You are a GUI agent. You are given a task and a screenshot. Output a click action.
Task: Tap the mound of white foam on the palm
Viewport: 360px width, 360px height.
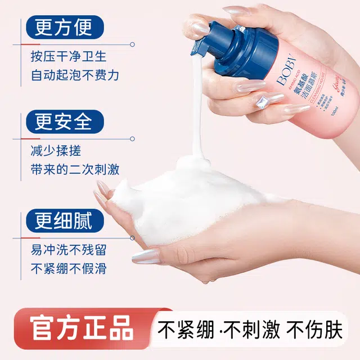click(x=186, y=191)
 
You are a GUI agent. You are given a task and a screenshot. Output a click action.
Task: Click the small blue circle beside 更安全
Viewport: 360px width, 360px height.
click(x=133, y=136)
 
